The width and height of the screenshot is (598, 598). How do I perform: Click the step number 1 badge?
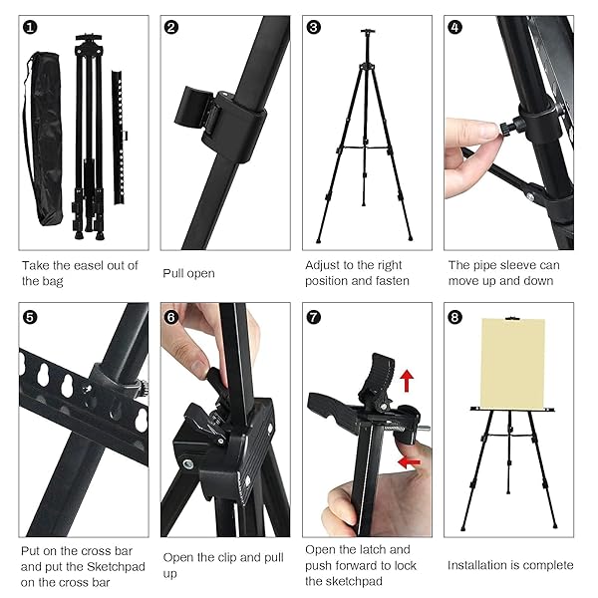click(30, 28)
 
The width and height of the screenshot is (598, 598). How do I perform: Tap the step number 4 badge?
click(455, 28)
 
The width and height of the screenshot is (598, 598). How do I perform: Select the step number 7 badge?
click(314, 317)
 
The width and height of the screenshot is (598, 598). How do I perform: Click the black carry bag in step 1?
click(43, 140)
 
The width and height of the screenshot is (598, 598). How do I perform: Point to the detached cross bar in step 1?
click(119, 138)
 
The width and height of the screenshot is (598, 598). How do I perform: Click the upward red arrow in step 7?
click(408, 381)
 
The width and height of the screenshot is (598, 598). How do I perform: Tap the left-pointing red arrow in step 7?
click(409, 462)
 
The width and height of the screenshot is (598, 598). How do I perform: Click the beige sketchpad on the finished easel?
click(513, 363)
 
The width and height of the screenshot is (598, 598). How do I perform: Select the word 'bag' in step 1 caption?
click(52, 282)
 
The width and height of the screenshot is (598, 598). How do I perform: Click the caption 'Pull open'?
click(188, 273)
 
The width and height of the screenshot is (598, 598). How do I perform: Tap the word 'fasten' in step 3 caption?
click(393, 281)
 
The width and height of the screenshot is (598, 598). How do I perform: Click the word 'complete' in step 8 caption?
click(549, 565)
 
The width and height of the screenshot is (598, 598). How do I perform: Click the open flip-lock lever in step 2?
click(192, 108)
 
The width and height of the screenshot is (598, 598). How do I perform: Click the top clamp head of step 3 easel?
click(368, 31)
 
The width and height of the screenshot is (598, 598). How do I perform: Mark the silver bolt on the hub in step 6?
click(188, 464)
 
